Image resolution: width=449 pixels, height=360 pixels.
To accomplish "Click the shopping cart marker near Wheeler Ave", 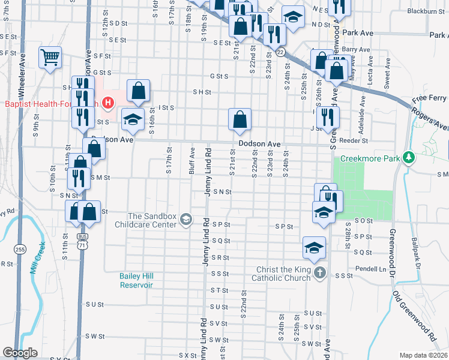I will click(x=50, y=58).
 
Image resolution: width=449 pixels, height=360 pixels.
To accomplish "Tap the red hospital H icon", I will click(x=108, y=103).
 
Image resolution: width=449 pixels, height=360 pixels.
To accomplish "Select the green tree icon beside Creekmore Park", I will click(x=409, y=158).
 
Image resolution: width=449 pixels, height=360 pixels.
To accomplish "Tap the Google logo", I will click(x=20, y=353).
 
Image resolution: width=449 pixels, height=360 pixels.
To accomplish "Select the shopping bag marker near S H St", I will click(x=138, y=91).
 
